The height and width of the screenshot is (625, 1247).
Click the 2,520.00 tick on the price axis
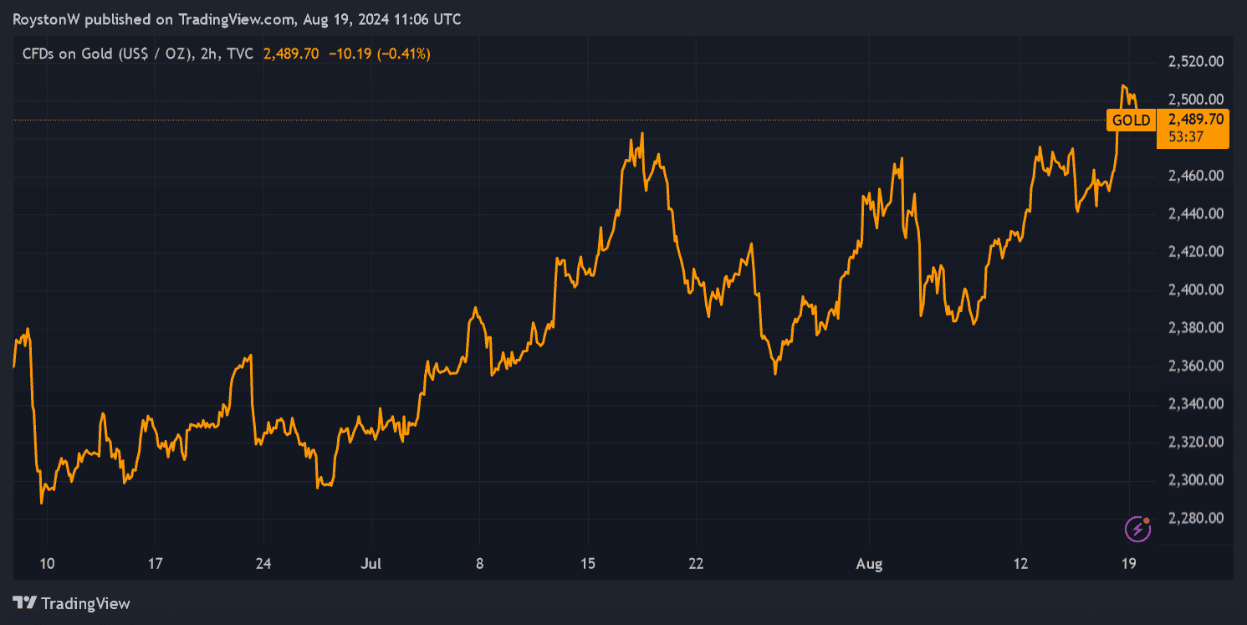tap(1195, 61)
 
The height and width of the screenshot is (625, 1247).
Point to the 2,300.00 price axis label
tap(1195, 480)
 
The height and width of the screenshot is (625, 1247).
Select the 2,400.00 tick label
tap(1195, 289)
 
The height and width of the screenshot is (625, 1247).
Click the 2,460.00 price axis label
tap(1195, 176)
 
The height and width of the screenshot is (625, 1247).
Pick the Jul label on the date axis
tap(371, 564)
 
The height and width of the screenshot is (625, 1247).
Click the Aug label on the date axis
tap(870, 564)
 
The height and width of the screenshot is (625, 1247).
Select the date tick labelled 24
tap(263, 564)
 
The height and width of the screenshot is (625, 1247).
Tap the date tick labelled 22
tap(696, 564)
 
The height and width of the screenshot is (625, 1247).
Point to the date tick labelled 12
tap(1020, 564)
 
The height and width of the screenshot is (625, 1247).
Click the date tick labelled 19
tap(1128, 564)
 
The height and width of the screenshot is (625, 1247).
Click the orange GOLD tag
tap(1131, 120)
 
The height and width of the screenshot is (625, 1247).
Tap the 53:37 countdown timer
tap(1186, 136)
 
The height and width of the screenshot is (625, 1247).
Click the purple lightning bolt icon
tap(1137, 528)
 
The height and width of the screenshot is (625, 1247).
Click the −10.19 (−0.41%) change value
tap(380, 54)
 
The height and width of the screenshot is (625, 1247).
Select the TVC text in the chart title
tap(239, 54)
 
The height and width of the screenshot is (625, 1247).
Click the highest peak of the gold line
tap(1124, 85)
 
